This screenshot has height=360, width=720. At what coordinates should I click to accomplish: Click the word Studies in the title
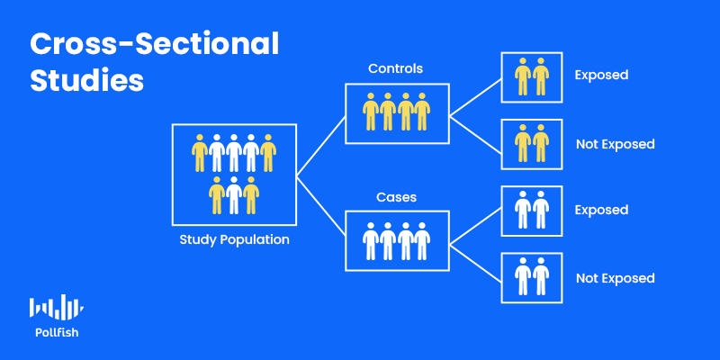click(86, 81)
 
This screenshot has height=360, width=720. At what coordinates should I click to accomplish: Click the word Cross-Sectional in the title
click(154, 45)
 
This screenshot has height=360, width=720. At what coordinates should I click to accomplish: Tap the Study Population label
click(234, 239)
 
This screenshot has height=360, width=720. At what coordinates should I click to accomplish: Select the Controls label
click(395, 69)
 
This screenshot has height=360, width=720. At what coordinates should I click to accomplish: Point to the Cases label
click(396, 197)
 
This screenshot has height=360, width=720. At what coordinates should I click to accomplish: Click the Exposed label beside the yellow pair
click(601, 76)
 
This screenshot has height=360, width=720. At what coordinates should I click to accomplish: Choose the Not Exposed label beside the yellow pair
click(616, 144)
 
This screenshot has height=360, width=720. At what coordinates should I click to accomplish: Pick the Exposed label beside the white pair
click(601, 210)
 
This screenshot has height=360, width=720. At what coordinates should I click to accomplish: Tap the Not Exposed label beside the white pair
click(616, 278)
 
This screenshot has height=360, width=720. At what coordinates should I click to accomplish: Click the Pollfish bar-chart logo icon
click(57, 308)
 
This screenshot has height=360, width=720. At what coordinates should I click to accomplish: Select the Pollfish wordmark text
click(57, 333)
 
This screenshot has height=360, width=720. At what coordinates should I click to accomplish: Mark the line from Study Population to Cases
click(321, 206)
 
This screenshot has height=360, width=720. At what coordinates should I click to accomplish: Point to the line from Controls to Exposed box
click(475, 97)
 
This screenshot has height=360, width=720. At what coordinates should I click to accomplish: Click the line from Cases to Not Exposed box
click(475, 264)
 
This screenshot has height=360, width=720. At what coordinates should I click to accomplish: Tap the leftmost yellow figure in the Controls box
click(371, 112)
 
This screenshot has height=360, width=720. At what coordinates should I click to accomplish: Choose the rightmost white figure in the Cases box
click(422, 241)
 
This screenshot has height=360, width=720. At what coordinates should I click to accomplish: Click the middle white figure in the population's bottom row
click(234, 195)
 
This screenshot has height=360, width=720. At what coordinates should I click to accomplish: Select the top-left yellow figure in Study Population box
click(200, 153)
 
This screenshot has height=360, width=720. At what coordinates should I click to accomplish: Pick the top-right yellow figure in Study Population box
click(268, 153)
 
